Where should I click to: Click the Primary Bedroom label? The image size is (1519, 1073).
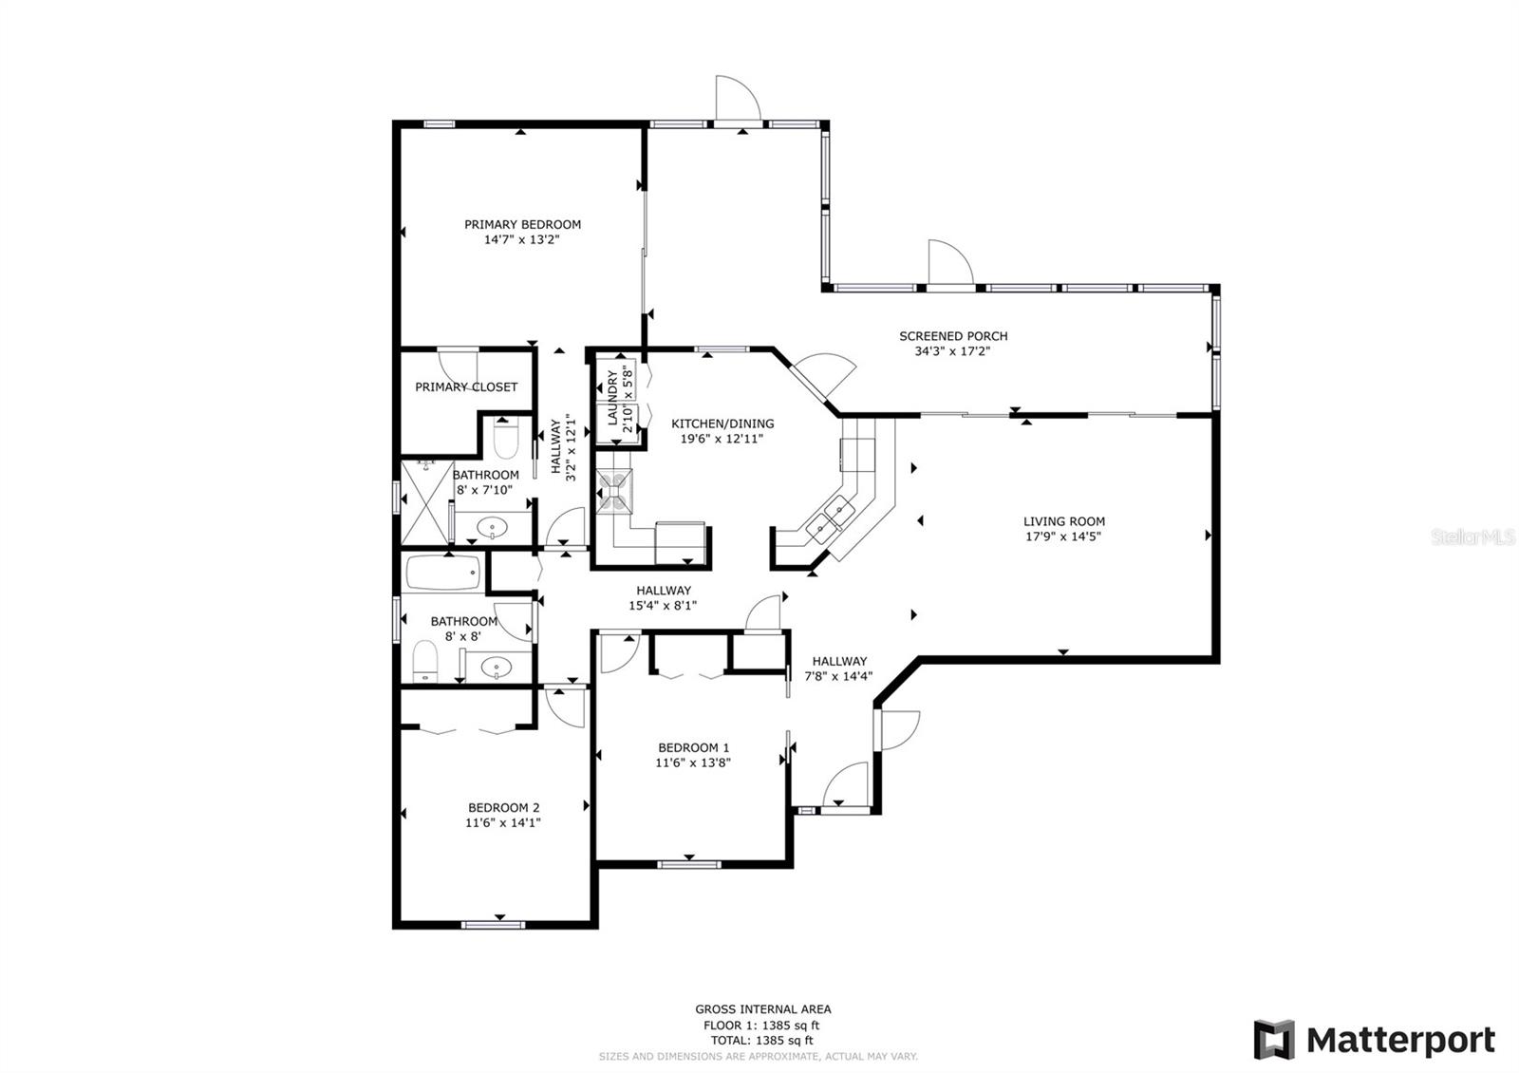522,224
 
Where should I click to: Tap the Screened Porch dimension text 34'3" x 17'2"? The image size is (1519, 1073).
953,351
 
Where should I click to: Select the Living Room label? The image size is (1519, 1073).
1064,521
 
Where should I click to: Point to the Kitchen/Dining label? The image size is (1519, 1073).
722,424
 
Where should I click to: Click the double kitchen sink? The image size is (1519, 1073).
830,518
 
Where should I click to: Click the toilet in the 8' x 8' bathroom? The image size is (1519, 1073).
425,661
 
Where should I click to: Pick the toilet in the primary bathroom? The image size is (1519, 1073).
506,439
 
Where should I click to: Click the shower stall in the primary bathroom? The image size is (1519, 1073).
427,502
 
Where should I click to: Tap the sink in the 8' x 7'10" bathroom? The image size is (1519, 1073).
492,527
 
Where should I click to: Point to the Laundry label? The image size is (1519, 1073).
612,398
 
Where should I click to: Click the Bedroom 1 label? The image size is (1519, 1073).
694,747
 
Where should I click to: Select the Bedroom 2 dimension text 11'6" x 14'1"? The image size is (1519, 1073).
502,822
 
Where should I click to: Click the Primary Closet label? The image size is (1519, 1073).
466,387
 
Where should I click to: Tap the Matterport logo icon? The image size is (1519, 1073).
1273,1040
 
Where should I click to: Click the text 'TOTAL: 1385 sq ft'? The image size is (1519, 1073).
761,1041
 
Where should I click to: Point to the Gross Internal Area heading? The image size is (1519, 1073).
763,1009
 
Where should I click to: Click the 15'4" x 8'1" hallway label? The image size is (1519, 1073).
663,605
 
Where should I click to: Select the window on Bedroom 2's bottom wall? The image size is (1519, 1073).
493,925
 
